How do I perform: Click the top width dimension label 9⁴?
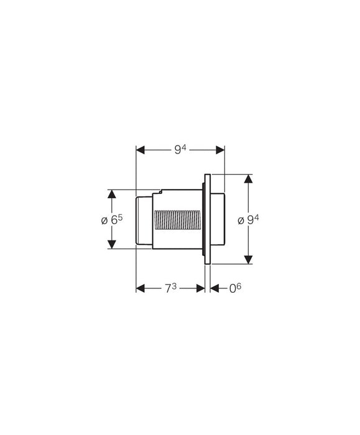point(180,150)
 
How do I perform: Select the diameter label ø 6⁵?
point(112,220)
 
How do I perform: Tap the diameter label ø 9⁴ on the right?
point(249,220)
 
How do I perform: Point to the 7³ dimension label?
point(171,288)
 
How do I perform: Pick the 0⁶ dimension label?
point(235,288)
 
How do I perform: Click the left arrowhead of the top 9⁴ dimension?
point(140,150)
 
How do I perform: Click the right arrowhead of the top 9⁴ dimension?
point(220,150)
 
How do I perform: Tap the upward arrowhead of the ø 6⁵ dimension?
point(112,194)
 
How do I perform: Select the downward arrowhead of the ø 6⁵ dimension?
point(112,244)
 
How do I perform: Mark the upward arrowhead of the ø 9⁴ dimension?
point(249,179)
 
